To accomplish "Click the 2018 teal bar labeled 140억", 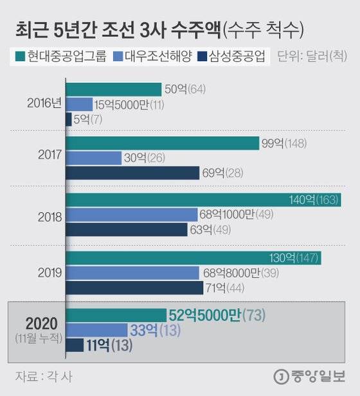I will click(203, 201).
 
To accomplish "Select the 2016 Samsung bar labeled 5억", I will click(68, 119).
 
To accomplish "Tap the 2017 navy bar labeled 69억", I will click(133, 172).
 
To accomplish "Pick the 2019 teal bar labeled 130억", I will click(193, 258).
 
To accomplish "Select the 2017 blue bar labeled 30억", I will click(94, 157).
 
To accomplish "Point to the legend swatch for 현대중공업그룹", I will click(17, 58).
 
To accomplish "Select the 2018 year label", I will click(50, 217).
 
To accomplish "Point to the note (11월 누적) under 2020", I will click(40, 337).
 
